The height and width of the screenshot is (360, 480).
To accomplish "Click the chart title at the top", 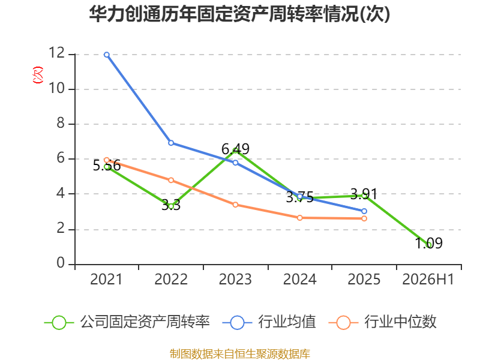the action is click(239, 14).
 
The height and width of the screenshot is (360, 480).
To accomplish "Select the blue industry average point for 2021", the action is click(107, 55).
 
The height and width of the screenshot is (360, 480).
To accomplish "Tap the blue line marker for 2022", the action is click(171, 143).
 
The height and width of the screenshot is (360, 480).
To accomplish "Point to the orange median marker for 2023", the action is click(235, 205).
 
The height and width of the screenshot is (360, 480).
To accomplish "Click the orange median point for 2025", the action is click(364, 218).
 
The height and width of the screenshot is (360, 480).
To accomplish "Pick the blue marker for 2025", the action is click(364, 211).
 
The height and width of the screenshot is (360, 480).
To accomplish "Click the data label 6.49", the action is click(235, 149).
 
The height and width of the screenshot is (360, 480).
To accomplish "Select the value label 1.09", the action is click(428, 244).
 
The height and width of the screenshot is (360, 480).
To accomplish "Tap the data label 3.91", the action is click(364, 194).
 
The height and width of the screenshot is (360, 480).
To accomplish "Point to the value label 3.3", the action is click(171, 205).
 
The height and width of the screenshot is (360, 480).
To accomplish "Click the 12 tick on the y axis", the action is click(57, 53).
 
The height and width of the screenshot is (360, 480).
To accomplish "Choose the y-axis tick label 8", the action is click(61, 123).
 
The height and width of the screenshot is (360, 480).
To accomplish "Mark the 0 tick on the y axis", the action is click(61, 263).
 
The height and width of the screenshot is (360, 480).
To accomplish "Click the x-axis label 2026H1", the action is click(428, 280).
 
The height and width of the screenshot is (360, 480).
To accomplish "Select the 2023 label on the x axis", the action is click(235, 280).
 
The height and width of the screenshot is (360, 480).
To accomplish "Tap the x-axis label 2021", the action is click(106, 280).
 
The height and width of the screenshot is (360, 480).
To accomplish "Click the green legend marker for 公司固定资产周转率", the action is click(59, 323).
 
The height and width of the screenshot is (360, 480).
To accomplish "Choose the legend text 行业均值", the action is click(287, 322).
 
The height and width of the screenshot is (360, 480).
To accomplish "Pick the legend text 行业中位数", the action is click(400, 322).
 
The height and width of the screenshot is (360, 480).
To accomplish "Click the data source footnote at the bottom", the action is click(240, 354).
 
